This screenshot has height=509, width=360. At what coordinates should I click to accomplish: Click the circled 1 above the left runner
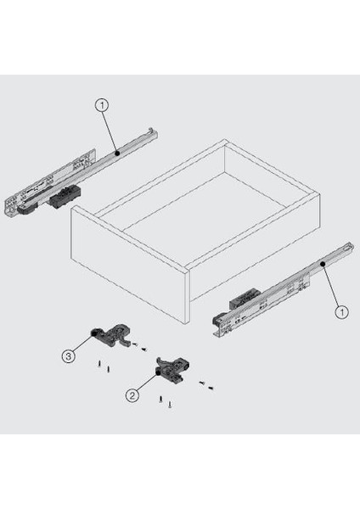coord(103,105)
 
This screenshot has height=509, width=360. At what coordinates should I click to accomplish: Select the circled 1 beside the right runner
coord(341,312)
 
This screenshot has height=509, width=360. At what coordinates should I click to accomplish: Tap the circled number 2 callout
coord(132,395)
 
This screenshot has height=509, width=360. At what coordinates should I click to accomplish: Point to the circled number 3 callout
coord(69,356)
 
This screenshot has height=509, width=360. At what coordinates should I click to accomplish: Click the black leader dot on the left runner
coord(117,153)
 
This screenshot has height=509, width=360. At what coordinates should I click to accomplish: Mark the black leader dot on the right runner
coord(323,264)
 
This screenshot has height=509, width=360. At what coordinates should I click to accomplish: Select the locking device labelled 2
coord(172,369)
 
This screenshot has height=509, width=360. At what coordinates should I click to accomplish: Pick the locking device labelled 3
coord(110,334)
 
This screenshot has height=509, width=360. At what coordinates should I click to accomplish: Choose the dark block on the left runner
coord(65,196)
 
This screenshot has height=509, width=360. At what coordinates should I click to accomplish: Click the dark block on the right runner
coord(245,298)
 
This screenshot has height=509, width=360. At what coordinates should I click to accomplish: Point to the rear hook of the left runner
coord(151,131)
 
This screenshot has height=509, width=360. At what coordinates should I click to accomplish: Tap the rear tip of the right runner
coord(350,246)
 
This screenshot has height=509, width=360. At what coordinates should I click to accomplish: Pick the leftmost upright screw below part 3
coord(98,364)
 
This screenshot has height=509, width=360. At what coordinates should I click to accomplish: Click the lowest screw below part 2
coord(169,405)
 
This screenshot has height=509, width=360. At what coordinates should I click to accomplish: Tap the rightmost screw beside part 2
coord(211,388)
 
